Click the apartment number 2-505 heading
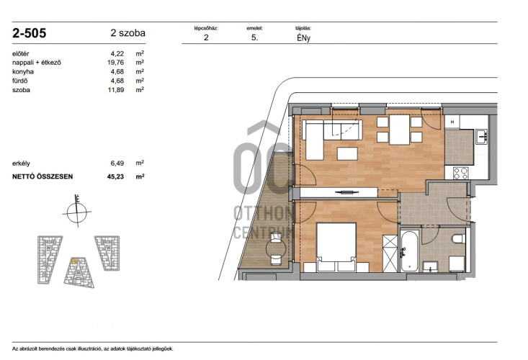(x=29, y=33)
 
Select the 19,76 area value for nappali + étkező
(x=115, y=63)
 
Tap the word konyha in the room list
(x=23, y=72)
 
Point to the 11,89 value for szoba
(x=115, y=90)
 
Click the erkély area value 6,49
(x=117, y=163)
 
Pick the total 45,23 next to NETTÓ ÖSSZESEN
(x=115, y=176)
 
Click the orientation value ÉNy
(x=303, y=38)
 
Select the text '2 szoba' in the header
(x=128, y=33)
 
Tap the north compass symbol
(x=77, y=212)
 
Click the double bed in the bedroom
(x=336, y=247)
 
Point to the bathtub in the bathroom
(x=410, y=251)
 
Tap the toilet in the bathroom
(x=459, y=238)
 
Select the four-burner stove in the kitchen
(x=460, y=173)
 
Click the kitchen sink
(x=481, y=137)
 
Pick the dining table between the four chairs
(x=399, y=130)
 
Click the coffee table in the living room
(x=347, y=153)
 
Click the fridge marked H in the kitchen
(x=452, y=122)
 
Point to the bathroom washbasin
(x=430, y=266)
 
